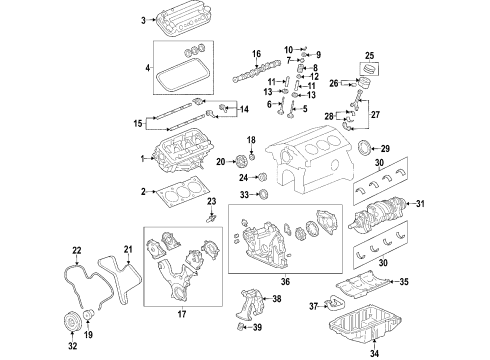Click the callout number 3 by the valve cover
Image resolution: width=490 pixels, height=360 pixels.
[143, 20]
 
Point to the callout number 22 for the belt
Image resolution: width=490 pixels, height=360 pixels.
[76, 249]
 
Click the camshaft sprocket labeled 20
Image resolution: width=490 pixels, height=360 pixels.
[240, 160]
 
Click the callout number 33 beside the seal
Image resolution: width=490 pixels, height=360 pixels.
[244, 193]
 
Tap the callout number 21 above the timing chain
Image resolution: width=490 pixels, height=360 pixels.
[126, 249]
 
